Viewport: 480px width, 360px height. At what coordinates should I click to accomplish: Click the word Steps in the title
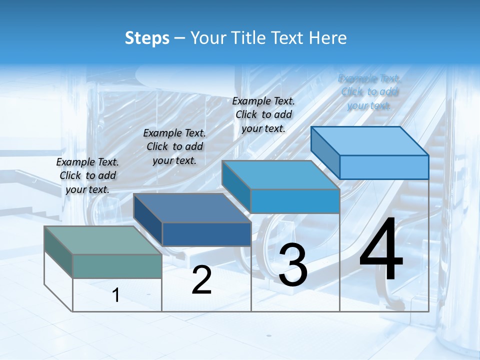[147, 38]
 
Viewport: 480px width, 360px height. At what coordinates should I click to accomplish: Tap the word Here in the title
[327, 38]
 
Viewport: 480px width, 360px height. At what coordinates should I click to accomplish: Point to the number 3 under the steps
[293, 265]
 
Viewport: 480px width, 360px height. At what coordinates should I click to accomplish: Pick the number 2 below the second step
[201, 280]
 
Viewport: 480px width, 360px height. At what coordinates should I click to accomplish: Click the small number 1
[116, 295]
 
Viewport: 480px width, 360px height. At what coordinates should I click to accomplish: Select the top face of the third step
[280, 175]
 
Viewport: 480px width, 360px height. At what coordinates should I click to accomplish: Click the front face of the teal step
[117, 265]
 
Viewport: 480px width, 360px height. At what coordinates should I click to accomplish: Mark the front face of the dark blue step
[206, 234]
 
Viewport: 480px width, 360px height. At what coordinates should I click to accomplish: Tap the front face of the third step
[295, 201]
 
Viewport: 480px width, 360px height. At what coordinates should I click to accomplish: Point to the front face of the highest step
[384, 167]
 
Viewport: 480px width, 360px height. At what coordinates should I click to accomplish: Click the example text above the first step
[87, 175]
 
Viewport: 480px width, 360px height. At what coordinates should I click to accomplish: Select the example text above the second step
[174, 146]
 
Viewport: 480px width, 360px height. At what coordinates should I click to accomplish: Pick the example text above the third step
[263, 114]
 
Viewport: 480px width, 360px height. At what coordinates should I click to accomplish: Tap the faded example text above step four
[369, 91]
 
